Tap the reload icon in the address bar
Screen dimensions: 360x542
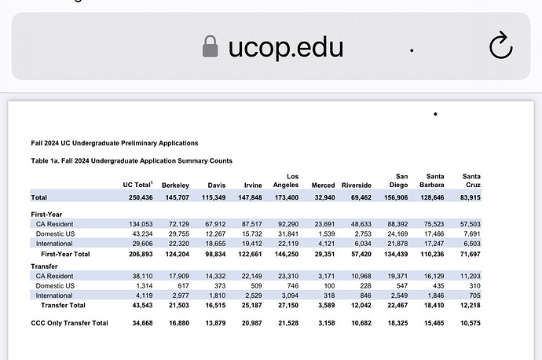(x=500, y=47)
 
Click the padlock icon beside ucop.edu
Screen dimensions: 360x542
(x=210, y=47)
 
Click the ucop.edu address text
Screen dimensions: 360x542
(x=286, y=47)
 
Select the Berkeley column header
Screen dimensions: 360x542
(x=175, y=185)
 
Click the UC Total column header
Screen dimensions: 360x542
(x=137, y=185)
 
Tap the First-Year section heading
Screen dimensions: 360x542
(x=46, y=214)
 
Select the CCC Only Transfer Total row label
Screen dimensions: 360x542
(x=69, y=323)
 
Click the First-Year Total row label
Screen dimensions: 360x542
(x=66, y=255)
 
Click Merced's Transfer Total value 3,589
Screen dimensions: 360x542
(x=324, y=304)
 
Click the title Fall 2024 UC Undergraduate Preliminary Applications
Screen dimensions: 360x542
(x=114, y=143)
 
